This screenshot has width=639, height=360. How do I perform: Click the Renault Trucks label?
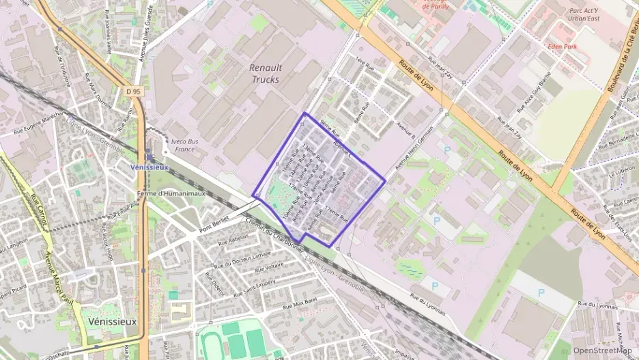pos(265,74)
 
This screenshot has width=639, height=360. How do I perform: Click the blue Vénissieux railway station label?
pos(148,166)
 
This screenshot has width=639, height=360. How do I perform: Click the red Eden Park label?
pos(563,46)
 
